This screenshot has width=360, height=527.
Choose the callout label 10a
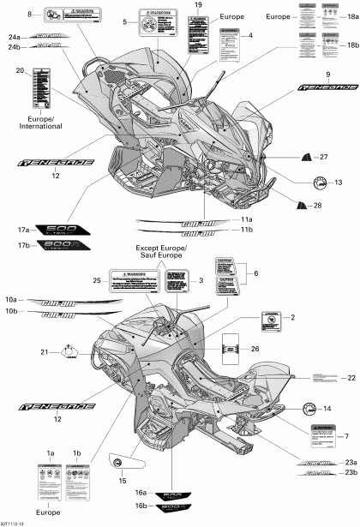(12, 300)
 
